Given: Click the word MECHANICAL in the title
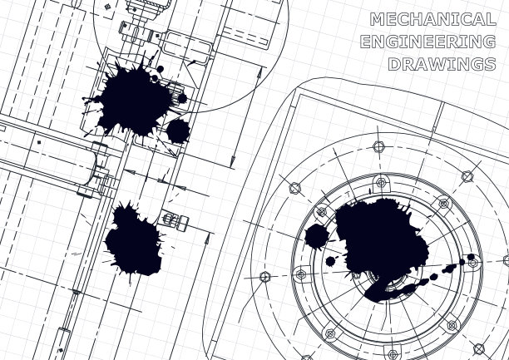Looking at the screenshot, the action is tap(433, 19).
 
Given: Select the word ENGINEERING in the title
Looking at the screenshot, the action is tap(427, 42).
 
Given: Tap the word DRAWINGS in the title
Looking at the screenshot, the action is tap(442, 64).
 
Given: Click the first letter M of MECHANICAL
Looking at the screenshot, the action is tap(378, 19).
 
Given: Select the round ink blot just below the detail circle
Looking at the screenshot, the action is tap(178, 131).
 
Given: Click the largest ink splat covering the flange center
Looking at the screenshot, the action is tap(383, 239).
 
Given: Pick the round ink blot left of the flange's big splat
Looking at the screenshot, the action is tap(317, 236).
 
